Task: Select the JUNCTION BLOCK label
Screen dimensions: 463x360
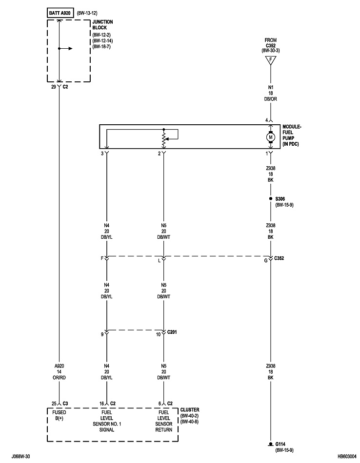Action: tap(102, 24)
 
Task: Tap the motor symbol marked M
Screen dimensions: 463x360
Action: tap(270, 137)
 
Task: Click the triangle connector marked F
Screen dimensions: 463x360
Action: tap(270, 61)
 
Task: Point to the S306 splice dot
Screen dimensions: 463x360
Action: tap(270, 199)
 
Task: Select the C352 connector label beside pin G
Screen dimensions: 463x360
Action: tap(279, 258)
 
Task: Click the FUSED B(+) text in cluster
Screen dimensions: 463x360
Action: tap(59, 415)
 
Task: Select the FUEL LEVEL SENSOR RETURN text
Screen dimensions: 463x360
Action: tap(163, 421)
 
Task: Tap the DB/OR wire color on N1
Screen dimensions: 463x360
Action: tap(270, 99)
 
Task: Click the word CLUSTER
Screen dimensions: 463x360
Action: tap(189, 410)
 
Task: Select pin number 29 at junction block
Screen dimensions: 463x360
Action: tap(54, 87)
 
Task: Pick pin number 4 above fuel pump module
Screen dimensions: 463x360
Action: tap(266, 120)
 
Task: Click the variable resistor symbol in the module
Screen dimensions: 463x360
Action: tap(163, 138)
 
